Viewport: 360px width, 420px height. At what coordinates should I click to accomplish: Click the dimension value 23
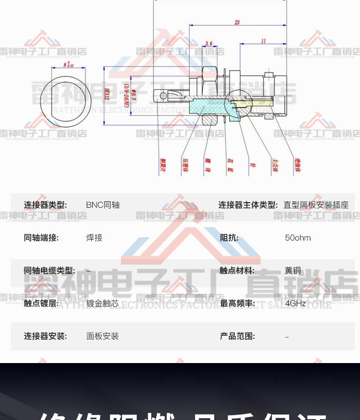[237, 22]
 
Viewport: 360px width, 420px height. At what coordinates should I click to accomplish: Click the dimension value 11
[263, 41]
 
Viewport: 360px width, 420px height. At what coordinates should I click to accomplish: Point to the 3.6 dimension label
[209, 44]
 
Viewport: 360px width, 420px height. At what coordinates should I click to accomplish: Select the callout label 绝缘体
[298, 165]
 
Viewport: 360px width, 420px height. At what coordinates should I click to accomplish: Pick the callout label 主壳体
[275, 165]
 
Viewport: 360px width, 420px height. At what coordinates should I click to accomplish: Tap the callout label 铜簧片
[163, 165]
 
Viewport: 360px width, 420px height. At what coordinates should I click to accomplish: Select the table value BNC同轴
[103, 205]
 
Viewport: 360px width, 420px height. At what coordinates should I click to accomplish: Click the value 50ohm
[298, 238]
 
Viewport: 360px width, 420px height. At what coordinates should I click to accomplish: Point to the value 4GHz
[295, 303]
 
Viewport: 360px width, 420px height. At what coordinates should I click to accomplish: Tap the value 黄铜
[293, 271]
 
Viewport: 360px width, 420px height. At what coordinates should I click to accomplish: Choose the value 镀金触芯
[103, 303]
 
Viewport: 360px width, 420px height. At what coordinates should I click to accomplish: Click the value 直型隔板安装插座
[316, 205]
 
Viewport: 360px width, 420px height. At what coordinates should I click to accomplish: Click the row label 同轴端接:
[41, 238]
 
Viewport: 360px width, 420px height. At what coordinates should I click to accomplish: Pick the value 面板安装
[103, 336]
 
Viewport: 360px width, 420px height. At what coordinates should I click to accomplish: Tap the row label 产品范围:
[237, 336]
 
